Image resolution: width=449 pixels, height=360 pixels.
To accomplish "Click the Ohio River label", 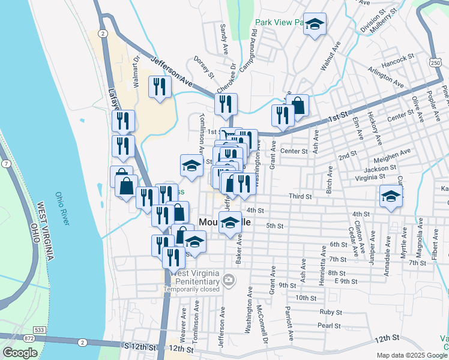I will pyautogui.click(x=63, y=209).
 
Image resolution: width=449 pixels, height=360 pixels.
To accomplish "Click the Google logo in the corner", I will pyautogui.click(x=20, y=353).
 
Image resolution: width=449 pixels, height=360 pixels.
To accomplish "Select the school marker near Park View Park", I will pyautogui.click(x=315, y=25).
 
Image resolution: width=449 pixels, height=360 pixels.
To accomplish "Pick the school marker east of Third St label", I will pyautogui.click(x=390, y=196).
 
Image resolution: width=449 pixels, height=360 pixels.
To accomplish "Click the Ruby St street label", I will pyautogui.click(x=330, y=312).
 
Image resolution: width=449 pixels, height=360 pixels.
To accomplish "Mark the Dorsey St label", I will pyautogui.click(x=203, y=67).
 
